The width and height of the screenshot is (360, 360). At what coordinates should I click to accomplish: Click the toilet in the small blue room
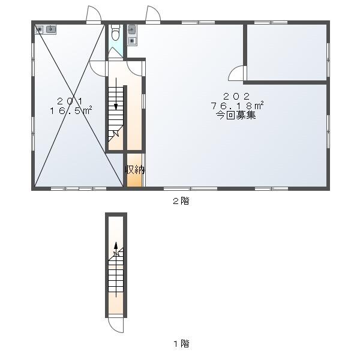(x=115, y=32)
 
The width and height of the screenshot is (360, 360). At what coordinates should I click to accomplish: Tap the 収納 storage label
(x=135, y=170)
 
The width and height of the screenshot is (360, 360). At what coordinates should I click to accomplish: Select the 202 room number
(x=236, y=96)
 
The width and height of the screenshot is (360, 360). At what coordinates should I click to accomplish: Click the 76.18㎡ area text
(x=237, y=106)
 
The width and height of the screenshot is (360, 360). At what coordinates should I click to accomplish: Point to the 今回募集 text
(x=236, y=115)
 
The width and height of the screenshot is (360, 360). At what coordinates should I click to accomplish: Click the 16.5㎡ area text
(x=71, y=110)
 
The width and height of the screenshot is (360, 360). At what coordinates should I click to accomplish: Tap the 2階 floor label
(x=181, y=201)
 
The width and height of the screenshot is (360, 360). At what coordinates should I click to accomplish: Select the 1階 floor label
(x=181, y=344)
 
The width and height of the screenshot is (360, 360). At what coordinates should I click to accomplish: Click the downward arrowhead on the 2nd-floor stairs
(x=116, y=107)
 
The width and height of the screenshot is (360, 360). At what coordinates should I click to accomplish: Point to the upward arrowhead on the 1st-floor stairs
(x=116, y=245)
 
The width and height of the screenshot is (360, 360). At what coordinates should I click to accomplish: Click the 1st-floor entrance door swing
(x=116, y=325)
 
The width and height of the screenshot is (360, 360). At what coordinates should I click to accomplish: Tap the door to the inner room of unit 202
(x=236, y=73)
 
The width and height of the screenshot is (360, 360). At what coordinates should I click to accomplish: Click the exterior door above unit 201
(x=94, y=14)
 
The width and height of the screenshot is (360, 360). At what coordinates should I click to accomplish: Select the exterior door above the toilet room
(x=153, y=14)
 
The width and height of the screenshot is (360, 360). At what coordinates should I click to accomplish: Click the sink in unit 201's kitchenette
(x=51, y=29)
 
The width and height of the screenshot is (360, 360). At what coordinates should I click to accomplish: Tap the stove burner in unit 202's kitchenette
(x=132, y=41)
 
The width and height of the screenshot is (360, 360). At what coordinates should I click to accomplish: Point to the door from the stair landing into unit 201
(x=97, y=68)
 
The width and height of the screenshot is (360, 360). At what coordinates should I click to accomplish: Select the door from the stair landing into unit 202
(x=134, y=68)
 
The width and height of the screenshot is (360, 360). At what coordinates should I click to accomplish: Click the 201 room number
(x=70, y=101)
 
